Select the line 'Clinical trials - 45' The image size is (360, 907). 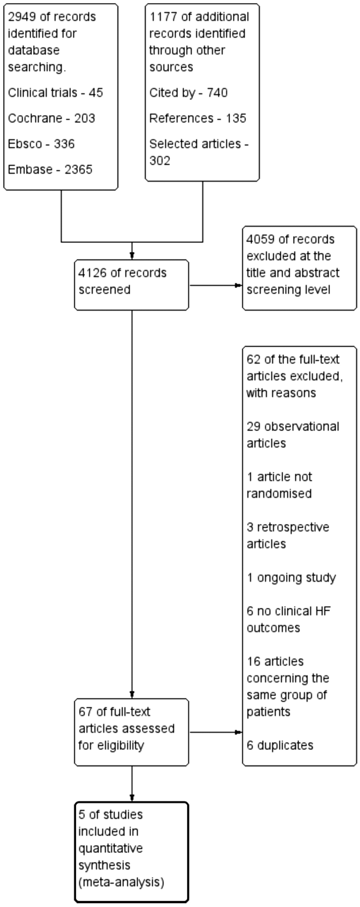[56, 93]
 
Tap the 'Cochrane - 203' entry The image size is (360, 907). [51, 119]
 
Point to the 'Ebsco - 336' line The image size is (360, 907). [41, 144]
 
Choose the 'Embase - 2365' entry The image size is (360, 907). [50, 170]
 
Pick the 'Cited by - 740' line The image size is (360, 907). [188, 93]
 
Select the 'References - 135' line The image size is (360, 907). [198, 119]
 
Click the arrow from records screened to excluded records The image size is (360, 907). [216, 286]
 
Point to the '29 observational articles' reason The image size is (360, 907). [292, 435]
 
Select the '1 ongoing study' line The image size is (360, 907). [291, 578]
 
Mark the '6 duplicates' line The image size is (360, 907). [280, 745]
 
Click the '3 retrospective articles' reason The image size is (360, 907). [287, 535]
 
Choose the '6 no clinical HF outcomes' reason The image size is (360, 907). [288, 619]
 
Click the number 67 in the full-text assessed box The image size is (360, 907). [85, 712]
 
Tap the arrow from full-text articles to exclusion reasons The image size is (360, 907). [216, 732]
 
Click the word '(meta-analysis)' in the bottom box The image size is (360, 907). [121, 882]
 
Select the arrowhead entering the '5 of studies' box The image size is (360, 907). [132, 797]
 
